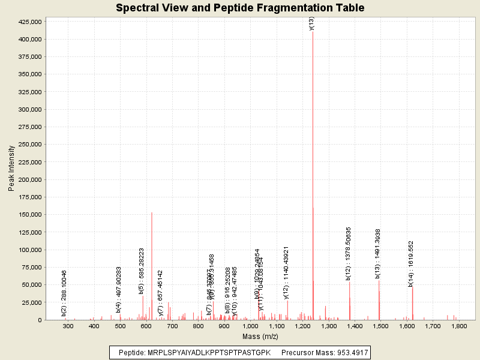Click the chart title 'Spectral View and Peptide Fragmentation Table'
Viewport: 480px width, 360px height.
tap(240, 8)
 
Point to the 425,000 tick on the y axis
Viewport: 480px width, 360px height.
tap(29, 22)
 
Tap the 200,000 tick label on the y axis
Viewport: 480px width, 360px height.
tap(29, 179)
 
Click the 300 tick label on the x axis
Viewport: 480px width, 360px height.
tap(68, 326)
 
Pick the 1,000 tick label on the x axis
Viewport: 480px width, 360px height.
tap(250, 326)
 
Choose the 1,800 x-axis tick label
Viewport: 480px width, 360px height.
tap(459, 326)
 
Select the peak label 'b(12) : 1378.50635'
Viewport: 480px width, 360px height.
tap(348, 253)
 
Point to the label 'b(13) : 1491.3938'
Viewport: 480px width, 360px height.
tap(377, 254)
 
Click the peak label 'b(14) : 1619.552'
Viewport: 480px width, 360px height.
tap(411, 264)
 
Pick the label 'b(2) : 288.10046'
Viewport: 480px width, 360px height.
tap(64, 293)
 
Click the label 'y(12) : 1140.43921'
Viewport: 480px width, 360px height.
tap(286, 272)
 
